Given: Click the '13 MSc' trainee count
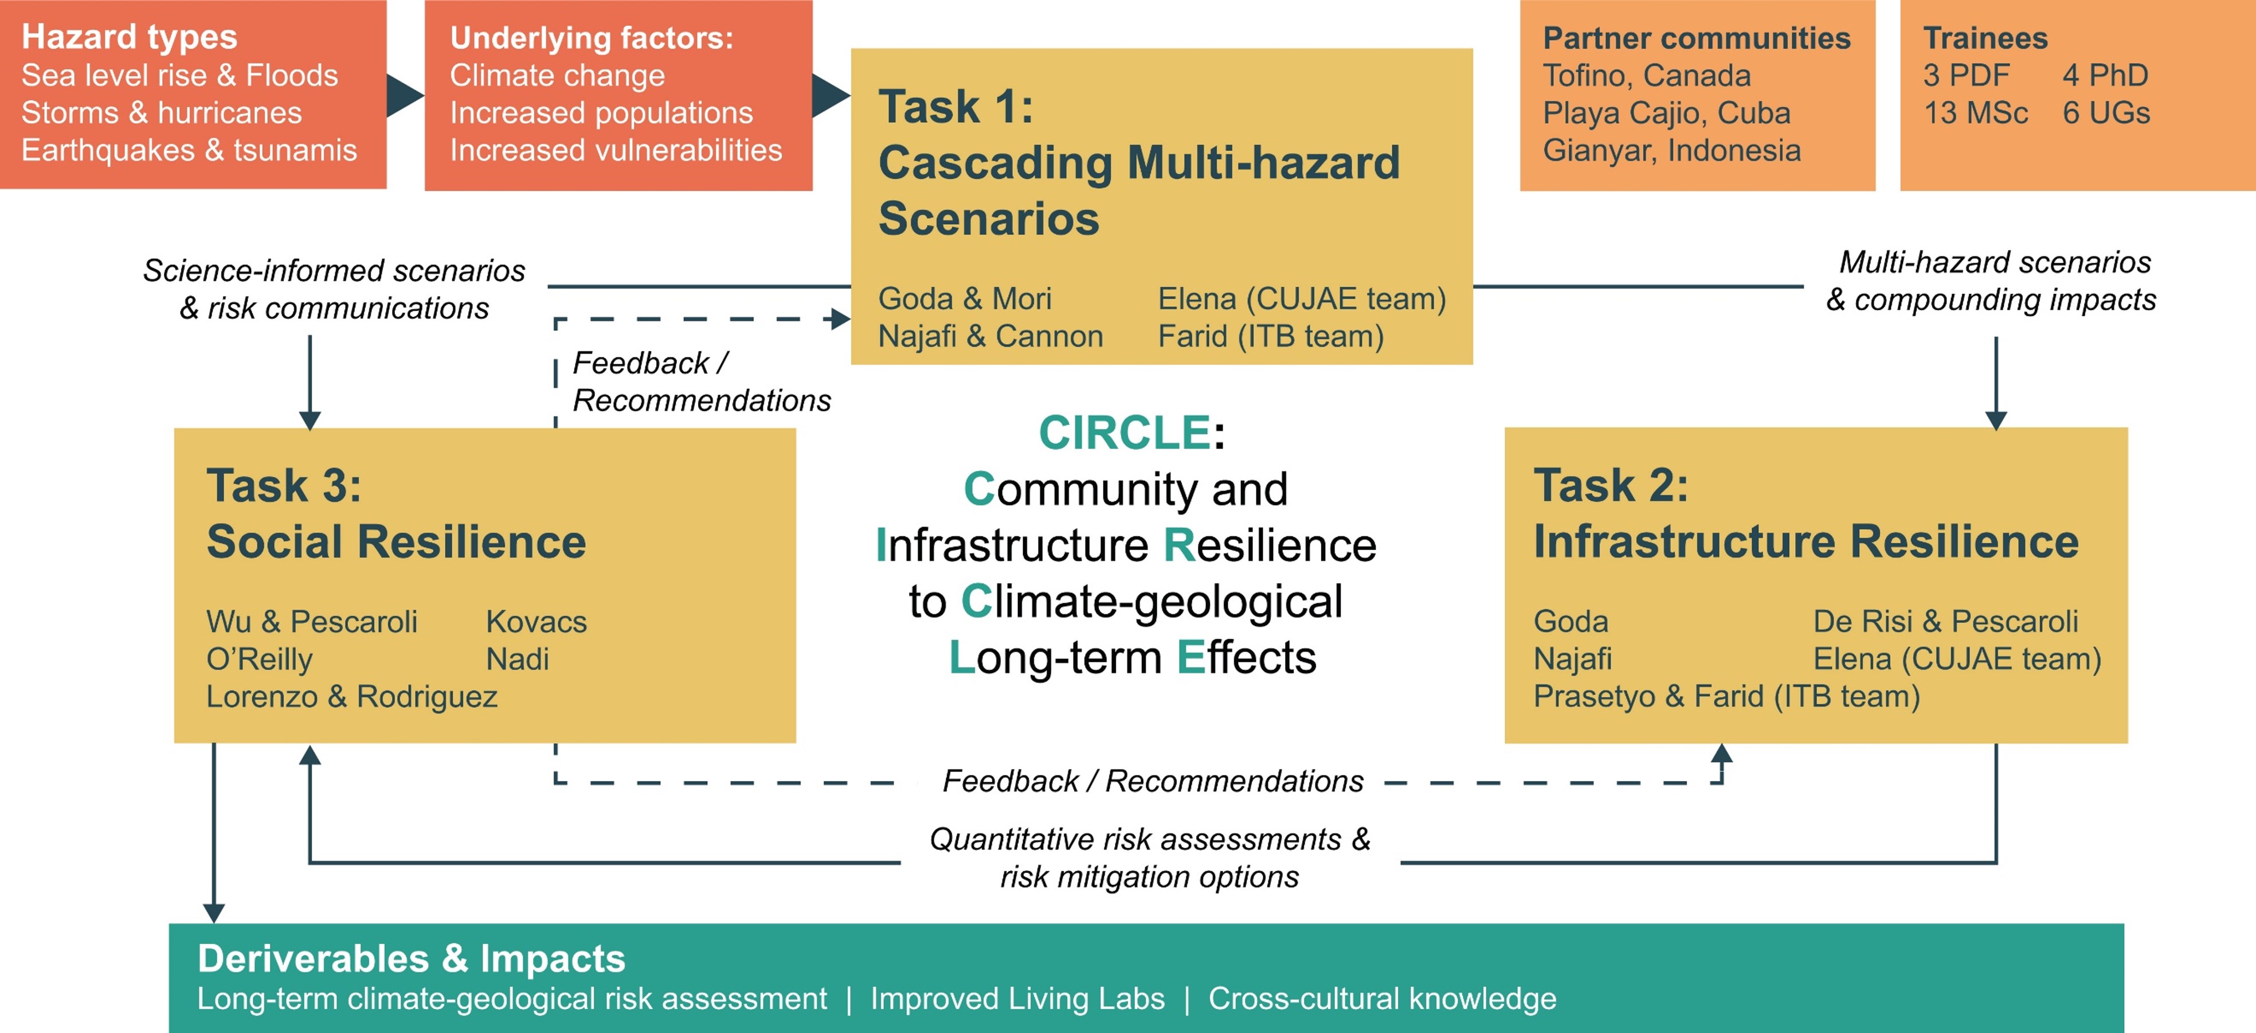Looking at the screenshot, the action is coord(1975,113).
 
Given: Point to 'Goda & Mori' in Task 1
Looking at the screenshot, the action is coord(964,299).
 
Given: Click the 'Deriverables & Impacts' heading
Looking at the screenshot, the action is coord(412,958).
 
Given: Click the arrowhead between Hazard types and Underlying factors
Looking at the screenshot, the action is coord(405,95).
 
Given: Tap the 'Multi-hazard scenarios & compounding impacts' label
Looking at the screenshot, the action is coord(1991,280).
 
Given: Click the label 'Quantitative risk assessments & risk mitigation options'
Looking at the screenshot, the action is coord(1150,857).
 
